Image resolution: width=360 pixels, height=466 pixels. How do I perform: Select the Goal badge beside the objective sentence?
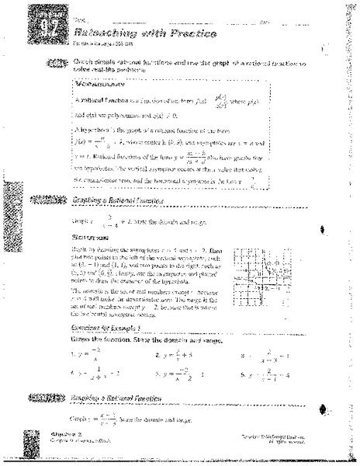click(58, 64)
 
